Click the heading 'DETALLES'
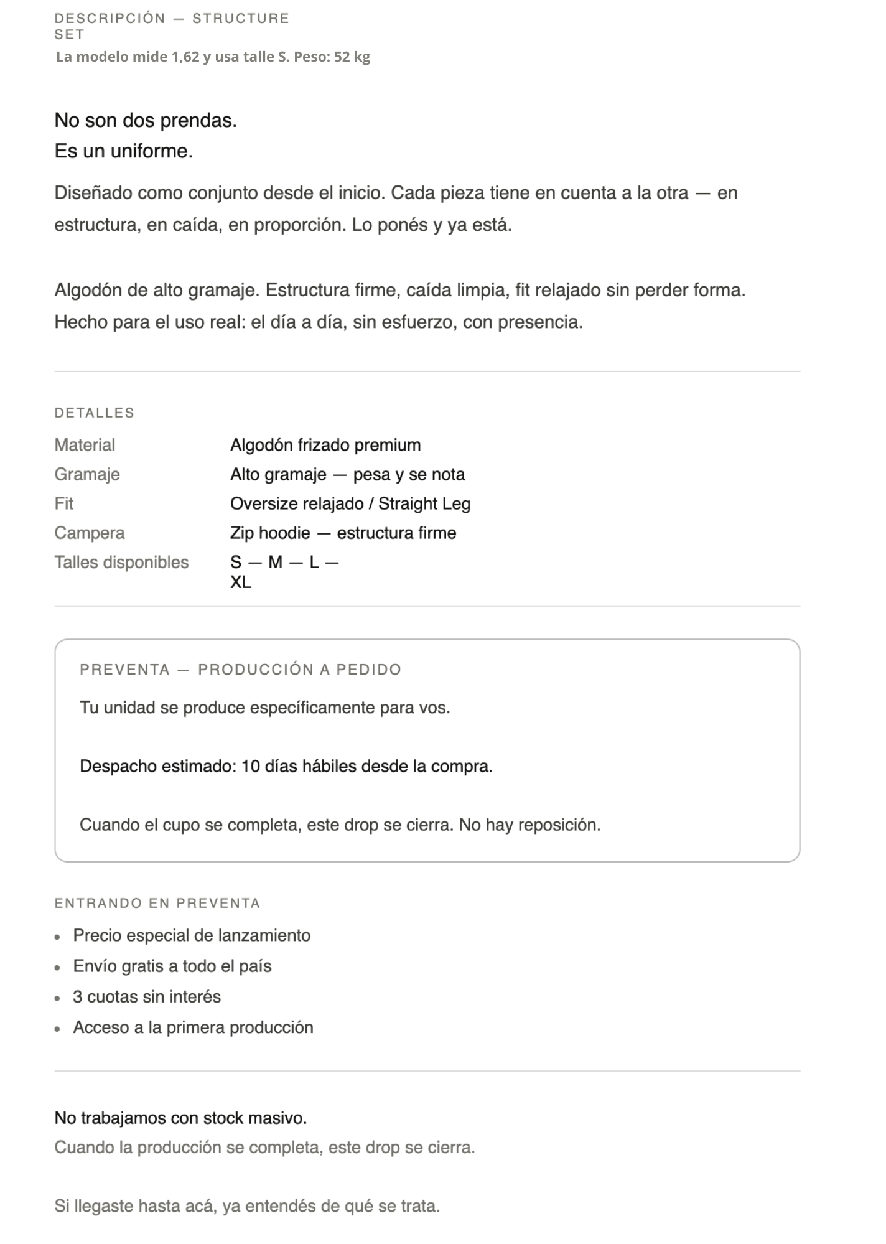tap(94, 413)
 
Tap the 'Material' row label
tap(85, 445)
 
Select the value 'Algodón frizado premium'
tap(325, 445)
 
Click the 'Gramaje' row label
tap(87, 474)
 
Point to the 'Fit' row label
tap(63, 503)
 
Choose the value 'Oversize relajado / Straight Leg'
tap(350, 503)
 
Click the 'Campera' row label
tap(90, 533)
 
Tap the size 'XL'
tap(241, 582)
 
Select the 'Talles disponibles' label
tap(121, 562)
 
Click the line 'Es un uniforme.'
tap(124, 151)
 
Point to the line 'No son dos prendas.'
tap(146, 120)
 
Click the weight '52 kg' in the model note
tap(352, 57)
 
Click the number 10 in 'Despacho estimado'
tap(250, 766)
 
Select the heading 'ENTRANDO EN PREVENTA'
tap(157, 903)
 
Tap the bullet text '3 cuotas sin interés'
tap(147, 996)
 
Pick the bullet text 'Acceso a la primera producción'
tap(193, 1027)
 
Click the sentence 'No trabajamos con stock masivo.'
tap(180, 1118)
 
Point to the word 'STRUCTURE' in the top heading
tap(241, 19)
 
